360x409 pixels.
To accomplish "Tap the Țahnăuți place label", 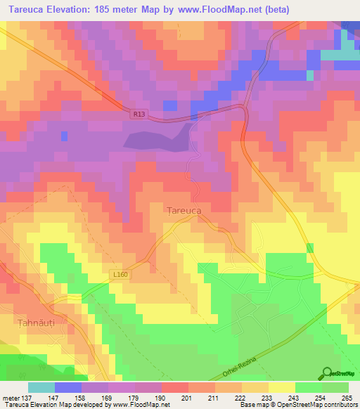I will pyautogui.click(x=35, y=321).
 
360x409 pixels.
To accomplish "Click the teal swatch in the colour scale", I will pyautogui.click(x=41, y=387).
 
